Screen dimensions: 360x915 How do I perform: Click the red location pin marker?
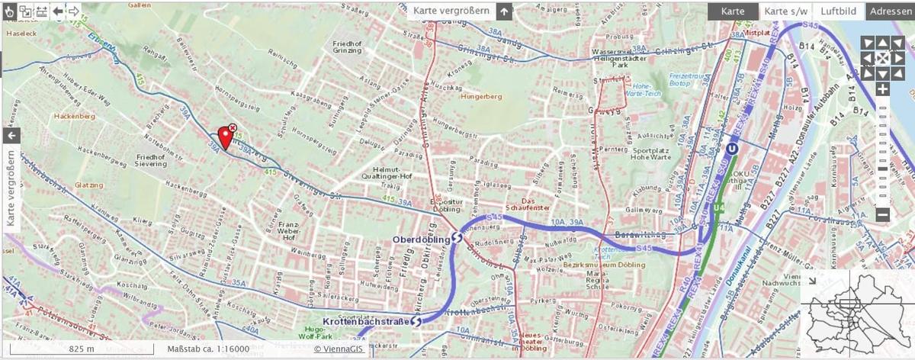click(x=225, y=137)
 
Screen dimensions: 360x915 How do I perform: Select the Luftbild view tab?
click(x=838, y=11)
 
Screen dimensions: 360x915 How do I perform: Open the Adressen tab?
click(x=891, y=11)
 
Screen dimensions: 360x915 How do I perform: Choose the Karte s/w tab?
click(x=785, y=11)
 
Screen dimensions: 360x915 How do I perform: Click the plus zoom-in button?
click(x=882, y=90)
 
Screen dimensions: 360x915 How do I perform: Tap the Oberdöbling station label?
click(x=421, y=239)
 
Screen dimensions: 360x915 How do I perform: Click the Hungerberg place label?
click(x=480, y=97)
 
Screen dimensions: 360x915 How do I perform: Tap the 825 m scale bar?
click(x=82, y=349)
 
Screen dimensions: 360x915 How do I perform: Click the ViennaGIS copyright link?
click(x=338, y=349)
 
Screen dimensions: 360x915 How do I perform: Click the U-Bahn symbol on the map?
click(x=731, y=149)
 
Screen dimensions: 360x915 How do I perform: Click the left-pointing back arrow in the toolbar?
click(x=57, y=11)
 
